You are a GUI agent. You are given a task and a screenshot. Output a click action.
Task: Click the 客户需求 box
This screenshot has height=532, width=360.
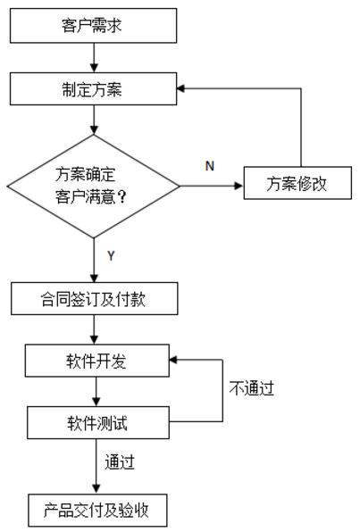(94, 26)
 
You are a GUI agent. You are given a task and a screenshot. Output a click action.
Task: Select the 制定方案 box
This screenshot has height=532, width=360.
(94, 89)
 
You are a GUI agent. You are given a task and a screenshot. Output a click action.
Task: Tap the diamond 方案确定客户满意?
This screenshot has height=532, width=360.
(94, 186)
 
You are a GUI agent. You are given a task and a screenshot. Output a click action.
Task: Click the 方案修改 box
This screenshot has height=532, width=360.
(297, 183)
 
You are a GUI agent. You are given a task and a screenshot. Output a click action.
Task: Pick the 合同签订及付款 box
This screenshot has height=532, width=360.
(95, 298)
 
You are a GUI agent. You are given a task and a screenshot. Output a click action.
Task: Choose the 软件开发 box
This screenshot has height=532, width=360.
(97, 361)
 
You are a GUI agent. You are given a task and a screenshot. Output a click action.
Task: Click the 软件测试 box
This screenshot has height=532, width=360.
(98, 423)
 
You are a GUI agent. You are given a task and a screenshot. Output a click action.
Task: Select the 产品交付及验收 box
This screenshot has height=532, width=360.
(97, 511)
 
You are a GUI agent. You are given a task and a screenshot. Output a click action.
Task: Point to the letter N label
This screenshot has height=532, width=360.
(210, 166)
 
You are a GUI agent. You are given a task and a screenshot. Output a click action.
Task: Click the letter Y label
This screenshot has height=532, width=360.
(111, 255)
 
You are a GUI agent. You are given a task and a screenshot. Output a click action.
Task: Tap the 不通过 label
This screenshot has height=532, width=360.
(252, 387)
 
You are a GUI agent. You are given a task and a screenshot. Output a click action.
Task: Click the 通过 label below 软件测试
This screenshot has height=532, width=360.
(120, 461)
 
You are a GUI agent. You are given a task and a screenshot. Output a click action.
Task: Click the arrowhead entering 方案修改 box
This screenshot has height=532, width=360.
(239, 186)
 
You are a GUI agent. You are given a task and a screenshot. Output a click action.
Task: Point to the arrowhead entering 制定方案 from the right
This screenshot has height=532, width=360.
(181, 88)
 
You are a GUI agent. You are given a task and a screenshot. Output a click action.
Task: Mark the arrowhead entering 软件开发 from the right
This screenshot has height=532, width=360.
(173, 360)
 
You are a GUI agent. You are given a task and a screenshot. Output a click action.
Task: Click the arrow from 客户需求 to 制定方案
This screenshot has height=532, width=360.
(94, 58)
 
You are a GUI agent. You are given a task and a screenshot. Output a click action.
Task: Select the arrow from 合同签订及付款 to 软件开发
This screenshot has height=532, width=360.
(95, 329)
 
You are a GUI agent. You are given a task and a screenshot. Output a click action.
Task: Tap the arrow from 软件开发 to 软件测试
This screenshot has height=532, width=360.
(96, 392)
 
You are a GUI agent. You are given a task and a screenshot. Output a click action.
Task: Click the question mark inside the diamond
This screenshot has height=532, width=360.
(121, 196)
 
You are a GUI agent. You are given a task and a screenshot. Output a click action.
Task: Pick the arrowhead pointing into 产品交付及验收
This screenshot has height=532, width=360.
(96, 489)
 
